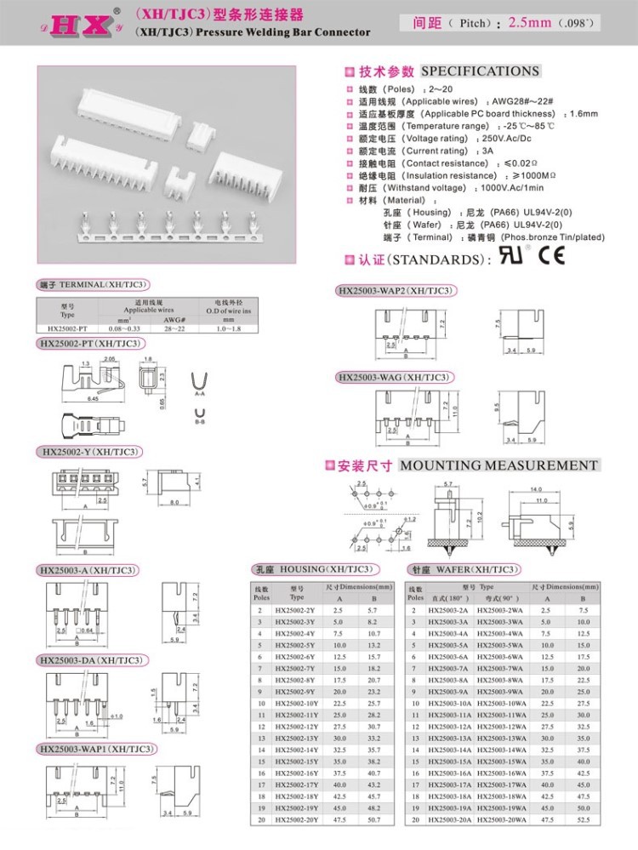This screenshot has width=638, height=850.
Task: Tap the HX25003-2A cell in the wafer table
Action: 448,610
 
